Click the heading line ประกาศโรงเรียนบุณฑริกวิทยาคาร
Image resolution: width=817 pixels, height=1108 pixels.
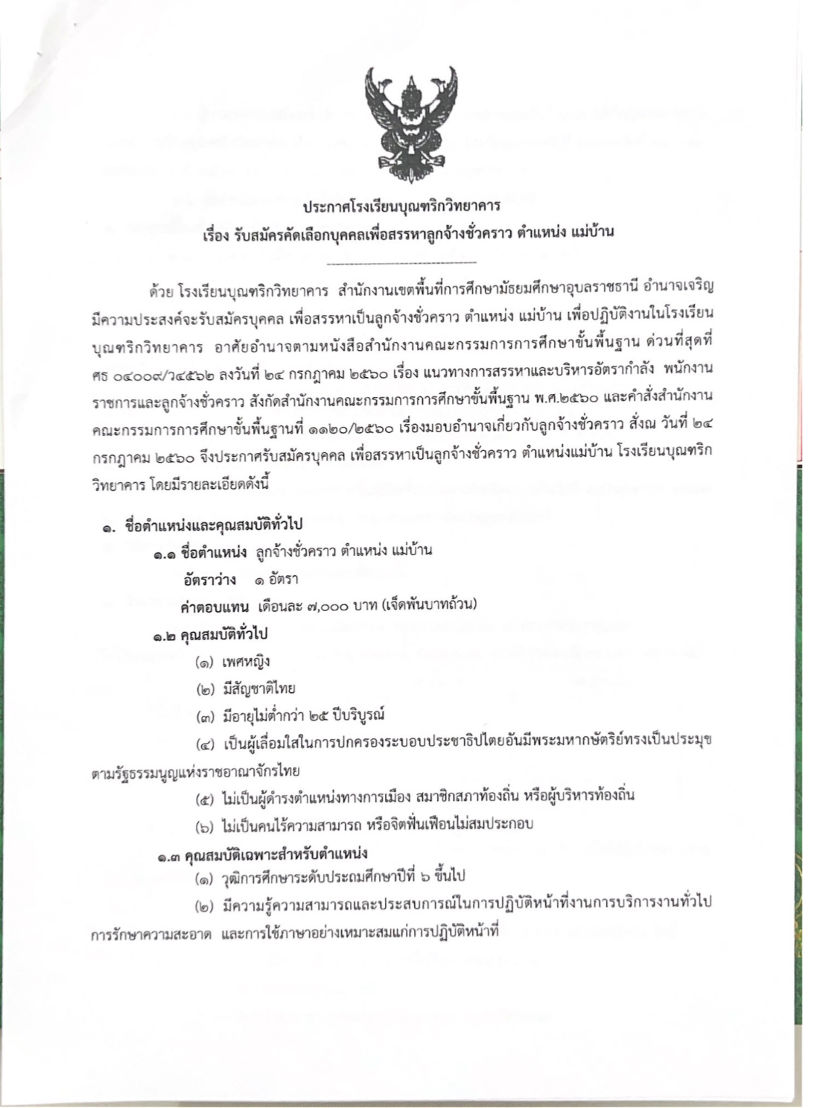pos(402,203)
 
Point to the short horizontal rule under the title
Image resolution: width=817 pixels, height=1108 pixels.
pos(401,263)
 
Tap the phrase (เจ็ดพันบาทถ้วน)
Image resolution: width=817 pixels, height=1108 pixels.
pos(429,604)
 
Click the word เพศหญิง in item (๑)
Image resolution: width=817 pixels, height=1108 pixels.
pos(246,661)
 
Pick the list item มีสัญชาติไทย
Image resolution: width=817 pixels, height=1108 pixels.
pos(258,688)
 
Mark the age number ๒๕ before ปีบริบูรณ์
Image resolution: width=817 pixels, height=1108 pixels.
pos(328,715)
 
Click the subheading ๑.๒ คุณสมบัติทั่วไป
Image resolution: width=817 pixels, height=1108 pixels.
pos(211,634)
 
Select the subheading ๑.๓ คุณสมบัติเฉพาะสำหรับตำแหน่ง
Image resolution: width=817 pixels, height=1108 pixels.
pos(262,853)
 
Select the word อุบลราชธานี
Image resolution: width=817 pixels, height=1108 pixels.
pos(596,286)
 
